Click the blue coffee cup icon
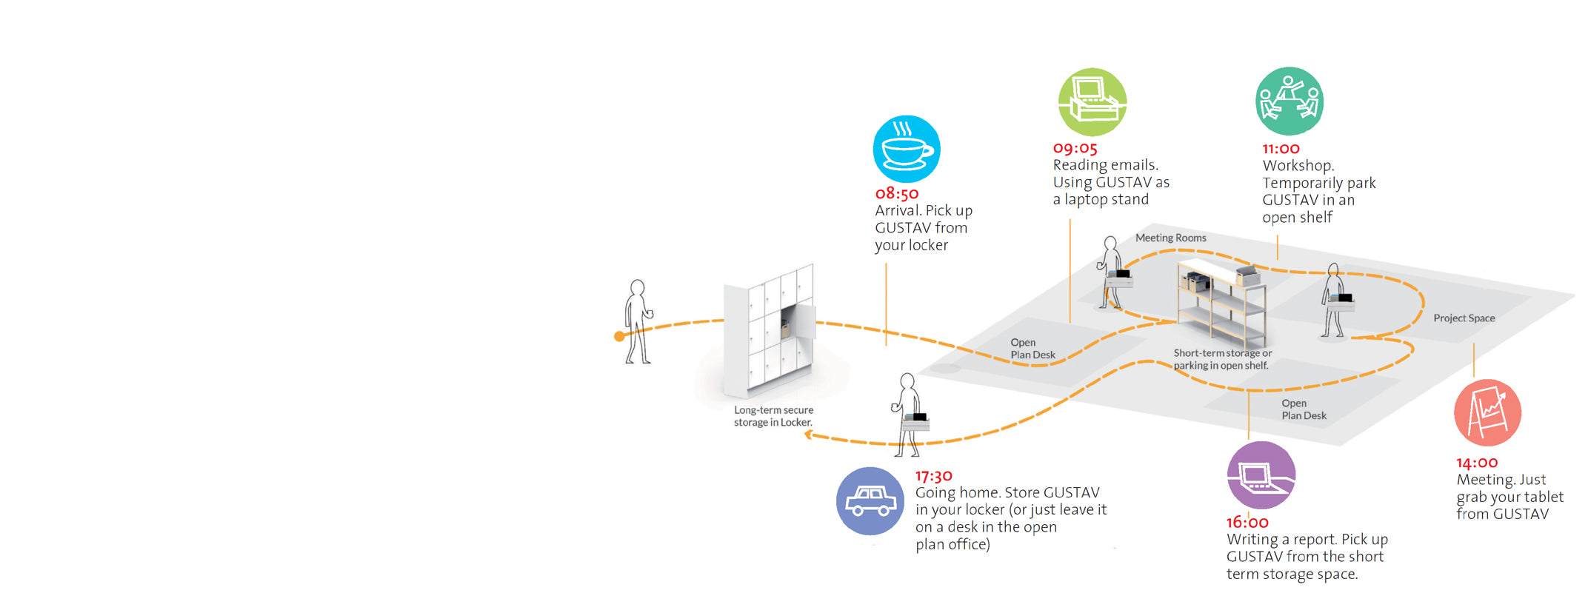pos(907,149)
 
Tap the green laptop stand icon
pos(1092,102)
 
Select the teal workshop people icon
pos(1290,101)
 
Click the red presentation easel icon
pos(1487,412)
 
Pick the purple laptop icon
pos(1261,475)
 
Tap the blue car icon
pos(870,501)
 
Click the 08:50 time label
pos(897,194)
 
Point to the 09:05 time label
pos(1075,149)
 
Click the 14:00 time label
pos(1477,463)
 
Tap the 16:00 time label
pos(1247,523)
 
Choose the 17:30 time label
pos(933,476)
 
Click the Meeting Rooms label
pos(1171,238)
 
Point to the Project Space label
pos(1464,318)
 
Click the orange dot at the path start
pos(619,337)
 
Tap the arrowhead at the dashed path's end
pos(809,435)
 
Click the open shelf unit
pos(1221,304)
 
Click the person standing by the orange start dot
pos(637,321)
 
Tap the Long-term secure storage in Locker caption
pos(773,416)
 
